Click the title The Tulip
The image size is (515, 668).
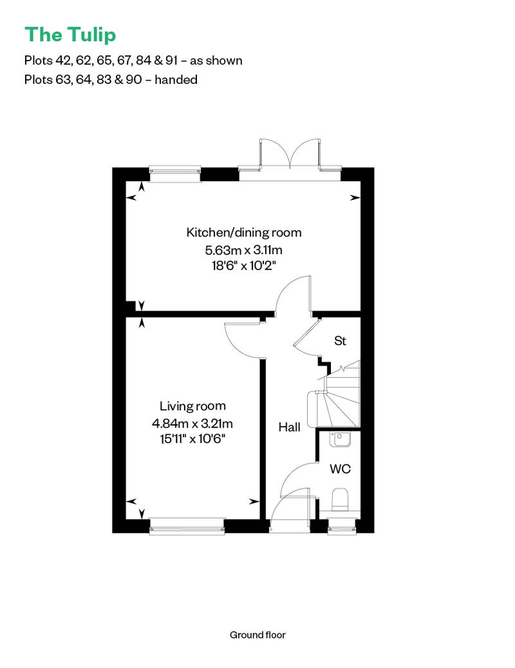click(x=70, y=34)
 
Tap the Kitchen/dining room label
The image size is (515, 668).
click(x=243, y=233)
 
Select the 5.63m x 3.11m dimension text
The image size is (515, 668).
click(x=243, y=249)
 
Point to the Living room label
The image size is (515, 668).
click(x=192, y=406)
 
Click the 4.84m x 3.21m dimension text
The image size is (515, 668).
click(x=192, y=424)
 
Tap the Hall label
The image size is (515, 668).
click(x=289, y=427)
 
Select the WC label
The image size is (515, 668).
click(x=340, y=469)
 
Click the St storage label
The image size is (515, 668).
click(x=340, y=340)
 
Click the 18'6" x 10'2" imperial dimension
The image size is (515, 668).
click(x=243, y=265)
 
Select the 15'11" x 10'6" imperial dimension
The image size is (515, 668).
click(x=192, y=439)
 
